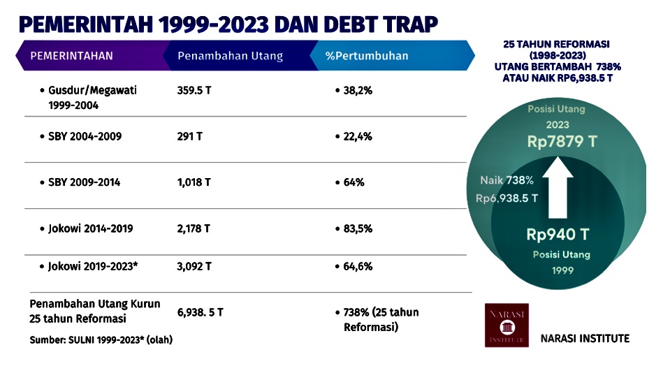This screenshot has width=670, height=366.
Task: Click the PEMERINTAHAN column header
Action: coord(73,57)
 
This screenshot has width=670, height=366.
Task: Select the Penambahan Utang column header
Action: coord(230,57)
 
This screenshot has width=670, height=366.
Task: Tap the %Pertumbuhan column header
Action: coord(367,57)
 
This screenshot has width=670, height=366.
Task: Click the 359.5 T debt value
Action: coord(194,91)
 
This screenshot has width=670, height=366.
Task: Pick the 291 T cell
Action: coord(189,137)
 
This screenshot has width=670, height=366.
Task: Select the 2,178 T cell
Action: coord(194,228)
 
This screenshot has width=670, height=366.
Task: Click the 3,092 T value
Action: coord(194,266)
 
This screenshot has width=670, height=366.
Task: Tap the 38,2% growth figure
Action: coord(357,91)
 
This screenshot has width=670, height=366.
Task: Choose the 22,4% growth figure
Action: coord(357,137)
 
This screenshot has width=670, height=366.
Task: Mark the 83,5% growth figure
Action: coord(357,228)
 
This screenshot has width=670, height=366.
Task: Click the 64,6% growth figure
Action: coord(357,266)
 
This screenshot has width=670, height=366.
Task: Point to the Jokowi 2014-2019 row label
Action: coord(90,228)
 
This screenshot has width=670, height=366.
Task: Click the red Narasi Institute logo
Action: coord(507,325)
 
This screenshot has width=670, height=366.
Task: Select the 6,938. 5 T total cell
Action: coord(200,312)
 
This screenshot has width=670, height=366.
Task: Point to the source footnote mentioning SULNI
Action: coord(101,340)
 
